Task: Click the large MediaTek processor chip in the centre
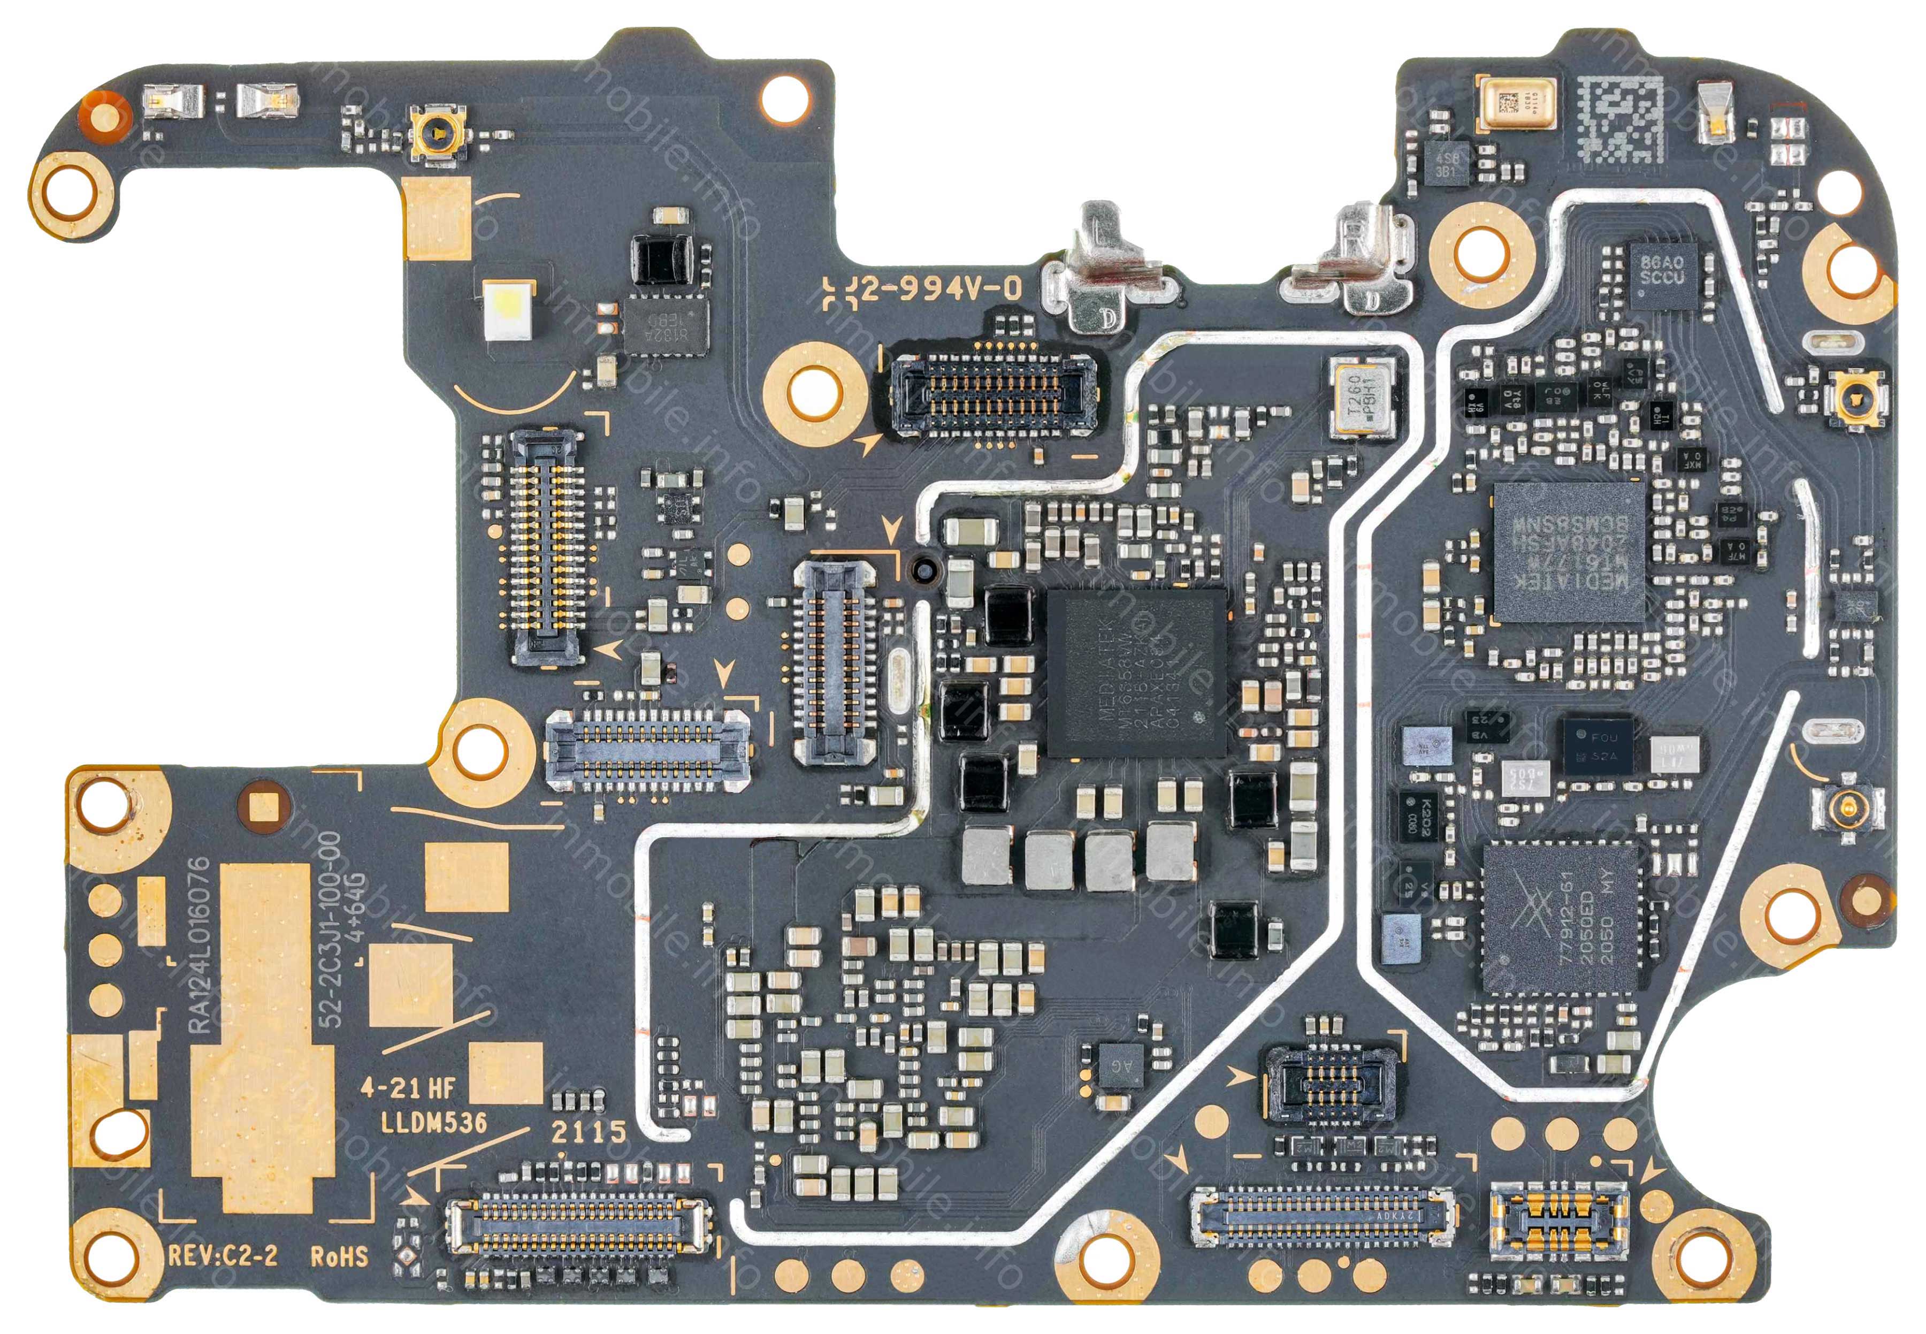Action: tap(1136, 672)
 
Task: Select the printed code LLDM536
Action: tap(434, 1122)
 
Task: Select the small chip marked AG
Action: tap(1119, 1065)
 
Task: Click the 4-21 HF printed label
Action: tap(408, 1087)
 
